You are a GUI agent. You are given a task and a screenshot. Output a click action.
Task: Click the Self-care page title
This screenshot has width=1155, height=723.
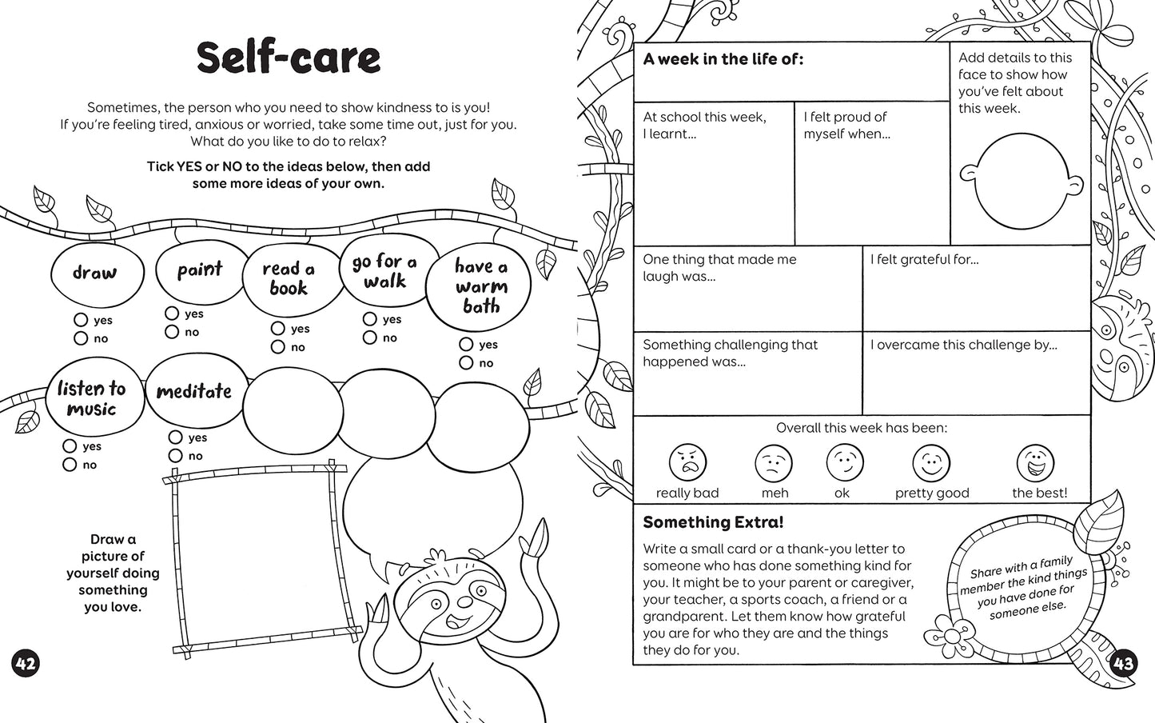[x=288, y=58]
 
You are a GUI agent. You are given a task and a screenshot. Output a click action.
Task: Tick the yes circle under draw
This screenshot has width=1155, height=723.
[x=81, y=320]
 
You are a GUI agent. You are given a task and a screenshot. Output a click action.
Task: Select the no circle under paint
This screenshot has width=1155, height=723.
[x=172, y=332]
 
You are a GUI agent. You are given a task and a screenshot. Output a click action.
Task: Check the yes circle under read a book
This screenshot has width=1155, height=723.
[x=278, y=329]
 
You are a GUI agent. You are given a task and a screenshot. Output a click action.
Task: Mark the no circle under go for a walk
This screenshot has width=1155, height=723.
[x=369, y=338]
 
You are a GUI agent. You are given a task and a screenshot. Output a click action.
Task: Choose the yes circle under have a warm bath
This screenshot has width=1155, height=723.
[x=466, y=345]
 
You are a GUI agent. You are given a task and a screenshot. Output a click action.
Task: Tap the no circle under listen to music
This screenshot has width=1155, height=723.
[x=70, y=465]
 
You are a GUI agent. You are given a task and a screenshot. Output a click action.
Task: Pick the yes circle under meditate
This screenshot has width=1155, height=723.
[x=176, y=437]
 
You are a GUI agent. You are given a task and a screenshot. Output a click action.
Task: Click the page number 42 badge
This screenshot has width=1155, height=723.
[x=26, y=663]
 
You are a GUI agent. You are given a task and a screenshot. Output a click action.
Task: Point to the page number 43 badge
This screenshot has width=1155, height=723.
[x=1123, y=663]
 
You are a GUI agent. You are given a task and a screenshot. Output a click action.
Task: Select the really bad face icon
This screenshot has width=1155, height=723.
[x=687, y=462]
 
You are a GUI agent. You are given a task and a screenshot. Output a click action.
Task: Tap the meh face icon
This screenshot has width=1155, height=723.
[x=774, y=462]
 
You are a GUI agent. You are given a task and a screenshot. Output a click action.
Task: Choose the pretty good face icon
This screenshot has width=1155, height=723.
[x=931, y=462]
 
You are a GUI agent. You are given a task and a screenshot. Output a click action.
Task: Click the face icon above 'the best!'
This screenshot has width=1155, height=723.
[x=1035, y=462]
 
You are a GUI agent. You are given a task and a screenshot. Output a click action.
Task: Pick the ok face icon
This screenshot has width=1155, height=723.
[x=844, y=462]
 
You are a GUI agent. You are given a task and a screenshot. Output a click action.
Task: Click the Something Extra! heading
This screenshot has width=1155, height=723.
[x=713, y=522]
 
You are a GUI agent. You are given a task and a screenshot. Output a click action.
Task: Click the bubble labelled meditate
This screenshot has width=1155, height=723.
[x=193, y=392]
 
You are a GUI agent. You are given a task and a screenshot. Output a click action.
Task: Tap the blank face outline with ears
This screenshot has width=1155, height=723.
[x=1012, y=182]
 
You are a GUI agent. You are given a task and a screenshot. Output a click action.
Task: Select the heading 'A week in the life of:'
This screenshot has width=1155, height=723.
[x=723, y=58]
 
